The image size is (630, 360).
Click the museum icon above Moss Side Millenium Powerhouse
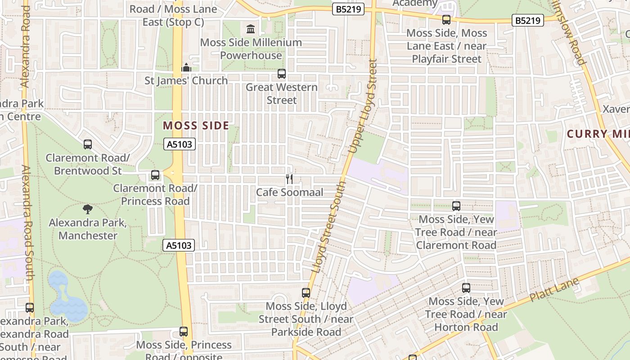[x=251, y=29]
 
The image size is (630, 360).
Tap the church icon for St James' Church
[x=186, y=68]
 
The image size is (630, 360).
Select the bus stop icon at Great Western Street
[x=282, y=74]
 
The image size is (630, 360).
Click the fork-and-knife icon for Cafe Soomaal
[x=289, y=179]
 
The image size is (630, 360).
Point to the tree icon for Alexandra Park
[x=88, y=209]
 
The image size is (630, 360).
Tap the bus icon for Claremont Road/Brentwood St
[x=88, y=144]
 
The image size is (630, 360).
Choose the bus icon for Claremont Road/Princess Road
[x=155, y=175]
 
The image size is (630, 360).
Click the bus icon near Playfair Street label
[x=446, y=20]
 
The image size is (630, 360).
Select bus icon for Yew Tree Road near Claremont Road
[x=456, y=206]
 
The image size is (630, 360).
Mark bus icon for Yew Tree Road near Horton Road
[x=466, y=288]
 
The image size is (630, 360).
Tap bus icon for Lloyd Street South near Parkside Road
[x=306, y=293]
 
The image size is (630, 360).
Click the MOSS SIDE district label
[x=196, y=126]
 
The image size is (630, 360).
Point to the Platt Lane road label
[x=554, y=289]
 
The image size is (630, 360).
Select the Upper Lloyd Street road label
[x=363, y=106]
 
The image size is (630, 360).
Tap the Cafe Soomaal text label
[x=290, y=193]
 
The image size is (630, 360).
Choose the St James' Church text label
[x=186, y=81]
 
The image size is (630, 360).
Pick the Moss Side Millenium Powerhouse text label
[x=251, y=49]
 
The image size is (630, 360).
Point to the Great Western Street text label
[x=282, y=94]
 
